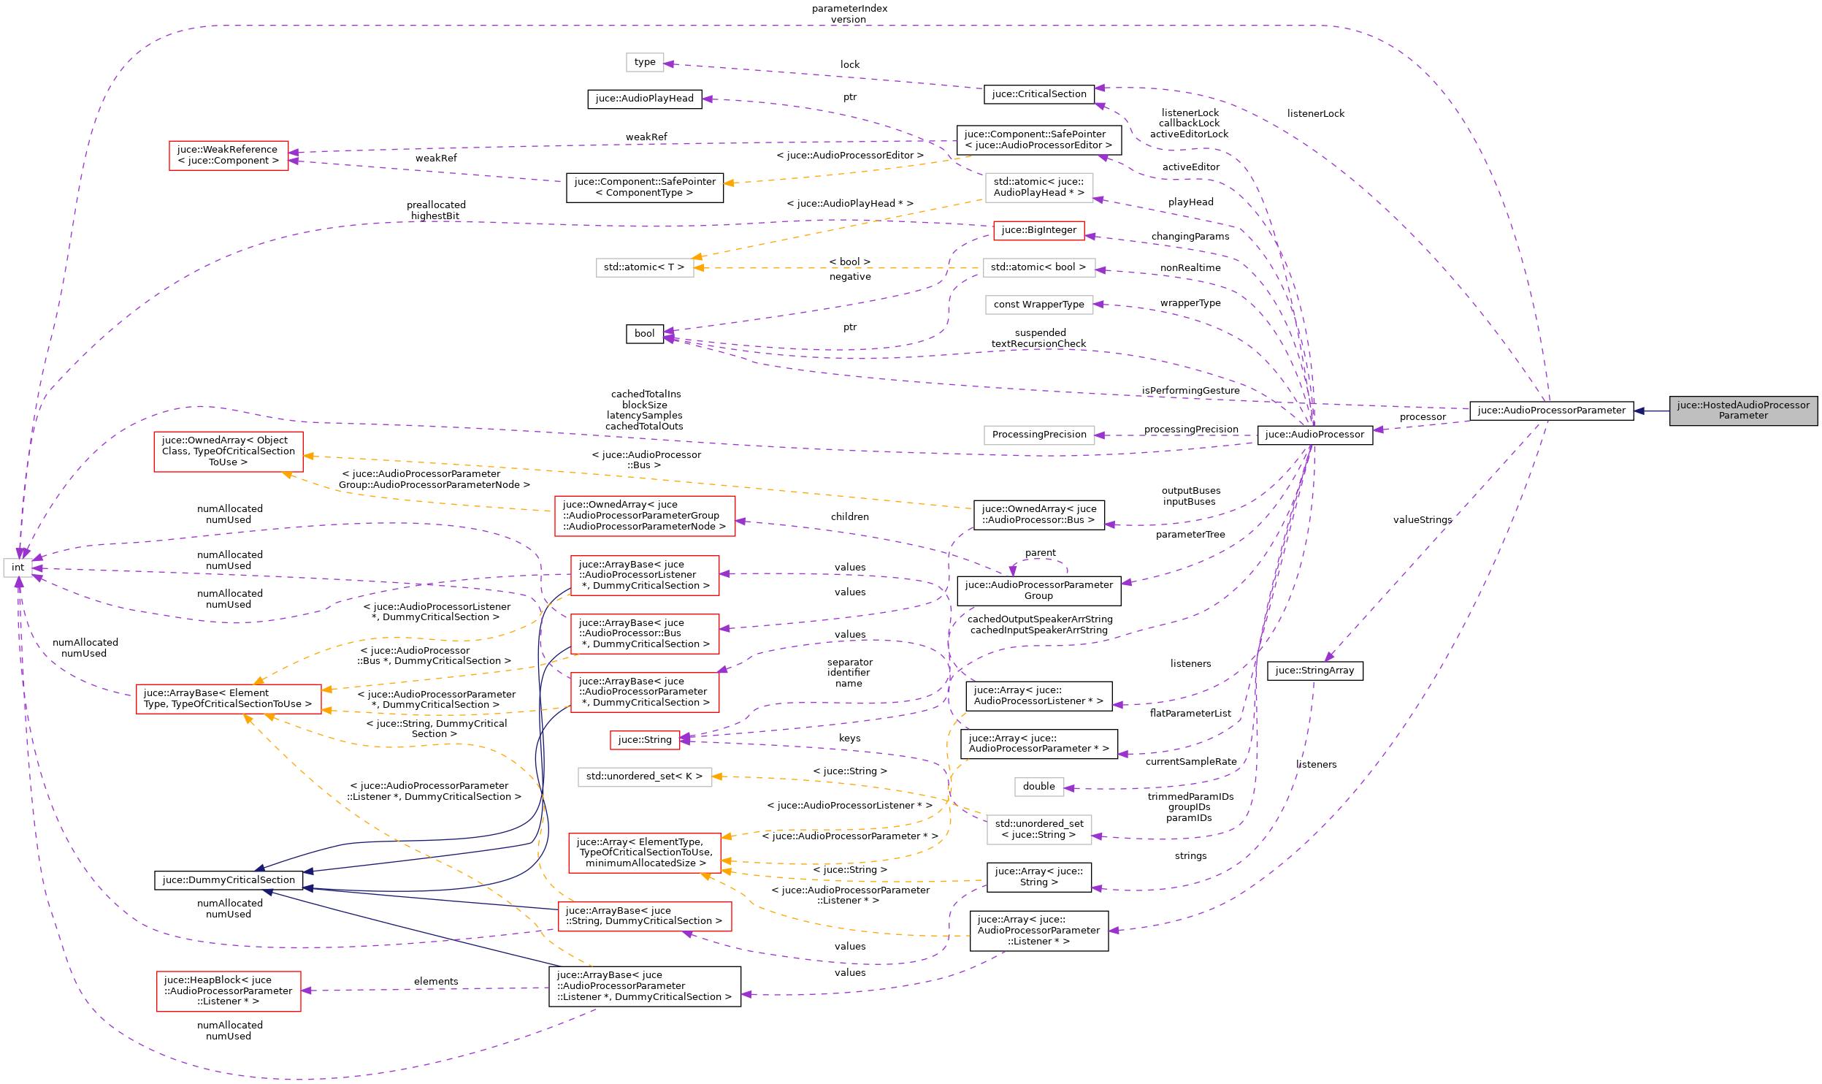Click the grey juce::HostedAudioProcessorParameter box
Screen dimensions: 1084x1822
1742,411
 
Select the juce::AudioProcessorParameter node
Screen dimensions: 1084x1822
1551,411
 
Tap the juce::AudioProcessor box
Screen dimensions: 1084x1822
1314,435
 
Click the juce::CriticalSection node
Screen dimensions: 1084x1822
1038,94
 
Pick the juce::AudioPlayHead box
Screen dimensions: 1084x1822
644,99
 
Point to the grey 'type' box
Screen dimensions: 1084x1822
644,62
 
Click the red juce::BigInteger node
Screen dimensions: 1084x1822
1038,230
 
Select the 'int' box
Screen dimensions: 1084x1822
18,568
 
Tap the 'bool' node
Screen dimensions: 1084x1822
644,334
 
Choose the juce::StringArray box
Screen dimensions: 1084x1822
1314,671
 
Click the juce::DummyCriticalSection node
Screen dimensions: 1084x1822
228,880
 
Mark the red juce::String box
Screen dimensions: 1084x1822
644,740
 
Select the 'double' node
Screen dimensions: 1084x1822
1038,787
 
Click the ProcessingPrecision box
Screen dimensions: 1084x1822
1038,435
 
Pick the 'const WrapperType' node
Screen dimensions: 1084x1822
1038,305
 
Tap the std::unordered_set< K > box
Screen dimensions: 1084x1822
644,776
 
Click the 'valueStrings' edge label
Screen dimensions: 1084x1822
1422,520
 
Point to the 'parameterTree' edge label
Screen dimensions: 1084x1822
1190,535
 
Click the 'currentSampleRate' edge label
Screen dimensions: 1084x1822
1190,762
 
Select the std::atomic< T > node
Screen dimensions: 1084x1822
644,267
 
